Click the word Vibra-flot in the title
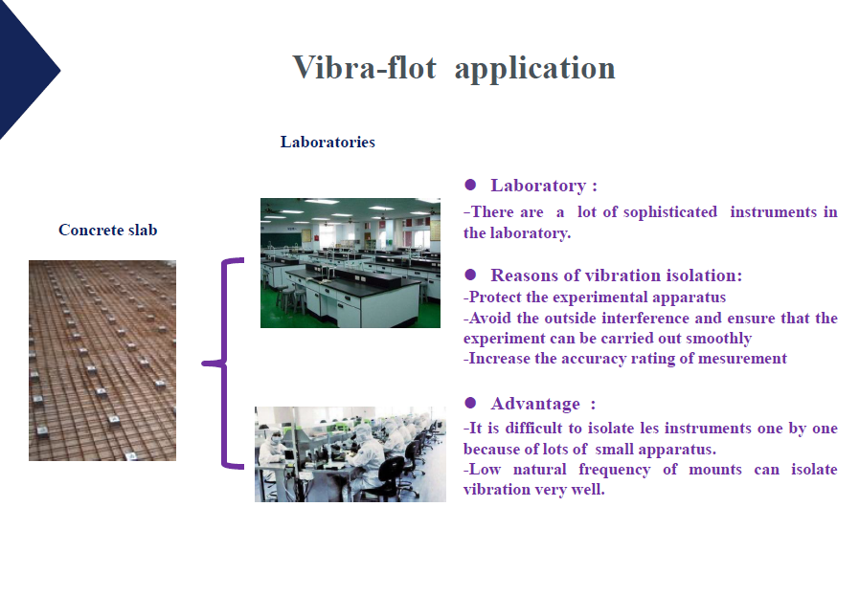[x=364, y=68]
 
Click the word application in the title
[x=534, y=70]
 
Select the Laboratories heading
[x=328, y=142]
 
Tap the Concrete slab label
[x=108, y=230]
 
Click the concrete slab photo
[x=102, y=361]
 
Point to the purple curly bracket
[x=223, y=363]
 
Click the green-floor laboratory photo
[x=350, y=263]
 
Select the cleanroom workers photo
[x=350, y=454]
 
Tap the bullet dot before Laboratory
[x=470, y=185]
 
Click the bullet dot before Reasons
[x=470, y=275]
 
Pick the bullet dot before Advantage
[x=470, y=404]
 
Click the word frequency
[x=615, y=471]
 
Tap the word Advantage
[x=535, y=404]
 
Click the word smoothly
[x=718, y=339]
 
